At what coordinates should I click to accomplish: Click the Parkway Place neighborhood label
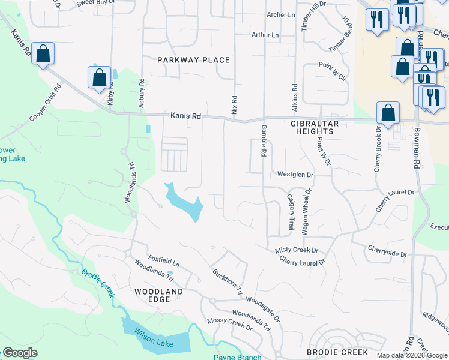pos(193,60)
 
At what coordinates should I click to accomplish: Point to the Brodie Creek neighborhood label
pos(337,352)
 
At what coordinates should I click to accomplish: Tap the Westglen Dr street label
pos(295,175)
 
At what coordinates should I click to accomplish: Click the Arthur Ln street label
pos(265,35)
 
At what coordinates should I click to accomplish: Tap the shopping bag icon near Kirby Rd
pos(100,77)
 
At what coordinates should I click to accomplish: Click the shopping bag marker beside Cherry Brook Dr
pos(388,112)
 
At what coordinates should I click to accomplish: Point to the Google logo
pos(20,353)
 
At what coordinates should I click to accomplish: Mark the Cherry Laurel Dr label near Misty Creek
pos(301,261)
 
